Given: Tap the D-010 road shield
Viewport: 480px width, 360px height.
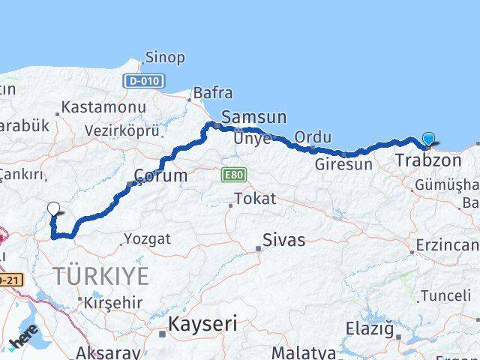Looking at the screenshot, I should pyautogui.click(x=145, y=79).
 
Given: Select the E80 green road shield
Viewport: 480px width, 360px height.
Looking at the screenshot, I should pyautogui.click(x=233, y=175).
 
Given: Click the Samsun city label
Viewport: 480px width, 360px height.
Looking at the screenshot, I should pyautogui.click(x=254, y=117).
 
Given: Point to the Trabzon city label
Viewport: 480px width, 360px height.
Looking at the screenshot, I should pyautogui.click(x=428, y=160).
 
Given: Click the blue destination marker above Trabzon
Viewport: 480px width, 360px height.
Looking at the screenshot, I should pyautogui.click(x=428, y=139).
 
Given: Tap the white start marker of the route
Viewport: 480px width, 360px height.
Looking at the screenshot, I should pyautogui.click(x=53, y=210).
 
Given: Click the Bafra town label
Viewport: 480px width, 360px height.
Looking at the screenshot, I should pyautogui.click(x=213, y=93).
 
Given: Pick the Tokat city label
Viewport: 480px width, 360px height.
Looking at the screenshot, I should pyautogui.click(x=255, y=199).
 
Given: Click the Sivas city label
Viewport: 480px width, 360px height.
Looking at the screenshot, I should pyautogui.click(x=283, y=240).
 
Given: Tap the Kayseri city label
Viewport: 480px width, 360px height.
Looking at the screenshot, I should pyautogui.click(x=202, y=324).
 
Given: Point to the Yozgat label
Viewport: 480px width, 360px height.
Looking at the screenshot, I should pyautogui.click(x=147, y=238).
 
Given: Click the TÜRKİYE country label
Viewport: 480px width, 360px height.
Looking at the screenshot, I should pyautogui.click(x=100, y=275).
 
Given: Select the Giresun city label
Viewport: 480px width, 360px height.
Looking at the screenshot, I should pyautogui.click(x=343, y=163).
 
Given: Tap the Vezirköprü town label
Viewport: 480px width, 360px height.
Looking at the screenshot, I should pyautogui.click(x=121, y=130).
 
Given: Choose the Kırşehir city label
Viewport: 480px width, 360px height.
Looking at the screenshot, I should pyautogui.click(x=113, y=302).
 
